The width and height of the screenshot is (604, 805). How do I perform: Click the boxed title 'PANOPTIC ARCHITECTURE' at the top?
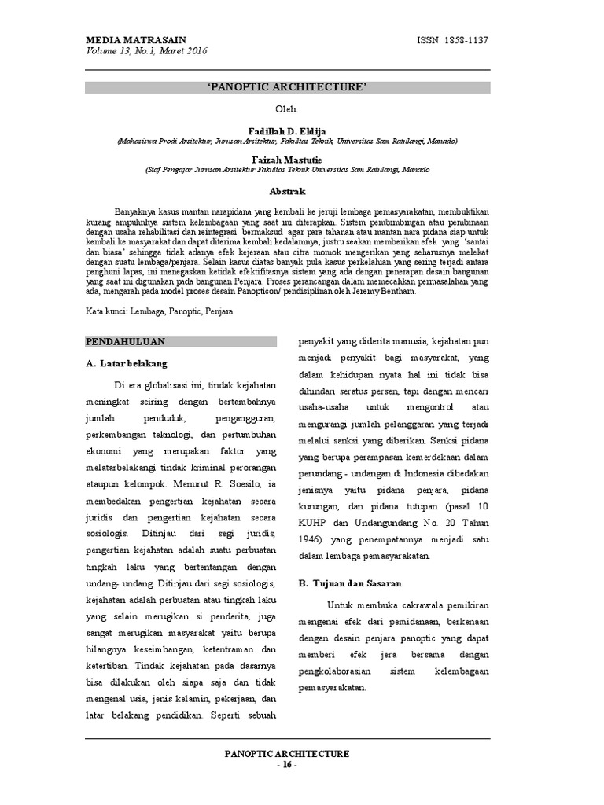coord(286,86)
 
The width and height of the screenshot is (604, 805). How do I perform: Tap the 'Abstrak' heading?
coord(286,191)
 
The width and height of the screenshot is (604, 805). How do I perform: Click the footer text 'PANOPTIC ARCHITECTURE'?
coord(286,753)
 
